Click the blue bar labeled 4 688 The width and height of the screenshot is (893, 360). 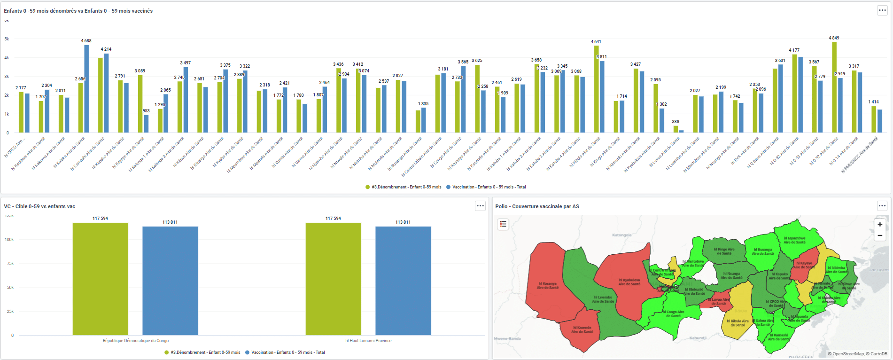coord(86,89)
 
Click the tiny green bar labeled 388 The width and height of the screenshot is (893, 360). coord(676,129)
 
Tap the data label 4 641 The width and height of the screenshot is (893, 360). coord(596,42)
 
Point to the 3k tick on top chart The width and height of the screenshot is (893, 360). coord(7,77)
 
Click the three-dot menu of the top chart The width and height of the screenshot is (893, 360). coord(882,10)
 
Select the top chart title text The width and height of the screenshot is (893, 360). coord(78,11)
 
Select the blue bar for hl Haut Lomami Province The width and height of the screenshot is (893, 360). coord(403,281)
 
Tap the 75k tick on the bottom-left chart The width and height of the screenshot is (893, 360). coord(9,264)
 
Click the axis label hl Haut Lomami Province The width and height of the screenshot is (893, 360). coord(368,341)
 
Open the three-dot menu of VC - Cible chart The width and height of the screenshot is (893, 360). coord(480,206)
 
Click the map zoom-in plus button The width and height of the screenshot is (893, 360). coord(880,225)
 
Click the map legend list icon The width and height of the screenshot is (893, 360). coord(503,224)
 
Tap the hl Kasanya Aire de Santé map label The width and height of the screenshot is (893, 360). coord(547,285)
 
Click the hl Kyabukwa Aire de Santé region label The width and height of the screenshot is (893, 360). coord(629,282)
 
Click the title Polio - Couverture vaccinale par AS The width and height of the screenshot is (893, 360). coord(537,206)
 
